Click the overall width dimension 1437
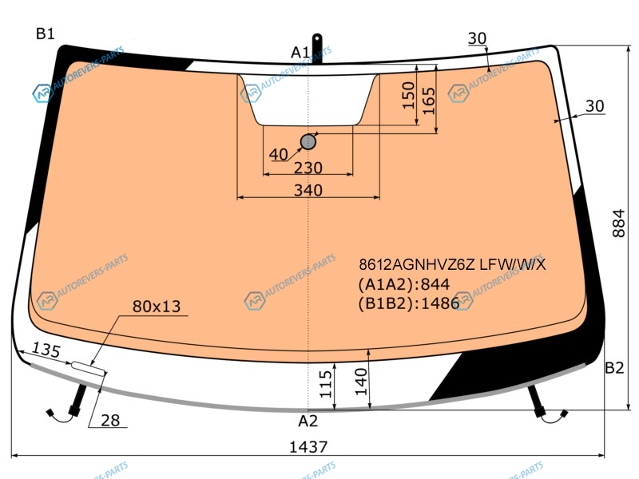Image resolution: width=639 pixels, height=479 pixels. [x=308, y=447]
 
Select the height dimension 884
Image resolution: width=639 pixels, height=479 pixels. [x=618, y=223]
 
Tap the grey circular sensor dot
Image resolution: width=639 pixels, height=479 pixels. [x=308, y=142]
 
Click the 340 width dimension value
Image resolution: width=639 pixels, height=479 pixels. [x=308, y=190]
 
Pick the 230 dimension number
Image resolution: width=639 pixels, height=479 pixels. [x=308, y=168]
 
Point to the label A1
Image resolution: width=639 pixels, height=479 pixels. [x=300, y=53]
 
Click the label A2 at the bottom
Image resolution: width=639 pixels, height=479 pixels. [x=308, y=421]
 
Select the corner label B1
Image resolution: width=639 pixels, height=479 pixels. [x=46, y=34]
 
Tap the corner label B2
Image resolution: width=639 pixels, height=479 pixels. [x=614, y=368]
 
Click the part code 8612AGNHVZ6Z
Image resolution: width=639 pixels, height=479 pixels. [x=417, y=265]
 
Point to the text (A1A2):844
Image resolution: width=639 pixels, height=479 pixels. [x=404, y=284]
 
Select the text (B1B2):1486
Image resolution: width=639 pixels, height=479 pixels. [x=409, y=303]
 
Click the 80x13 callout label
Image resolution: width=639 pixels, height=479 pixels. [x=157, y=307]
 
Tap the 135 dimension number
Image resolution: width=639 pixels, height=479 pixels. [x=46, y=350]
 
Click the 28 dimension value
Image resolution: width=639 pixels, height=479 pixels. [x=110, y=421]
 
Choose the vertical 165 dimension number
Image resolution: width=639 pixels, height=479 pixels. [x=429, y=101]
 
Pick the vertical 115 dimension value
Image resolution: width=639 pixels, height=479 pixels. [x=326, y=384]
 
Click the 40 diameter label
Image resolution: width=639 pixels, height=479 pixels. [x=279, y=154]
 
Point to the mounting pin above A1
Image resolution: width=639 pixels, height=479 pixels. [x=316, y=49]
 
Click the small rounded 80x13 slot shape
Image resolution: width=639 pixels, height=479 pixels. [x=89, y=368]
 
